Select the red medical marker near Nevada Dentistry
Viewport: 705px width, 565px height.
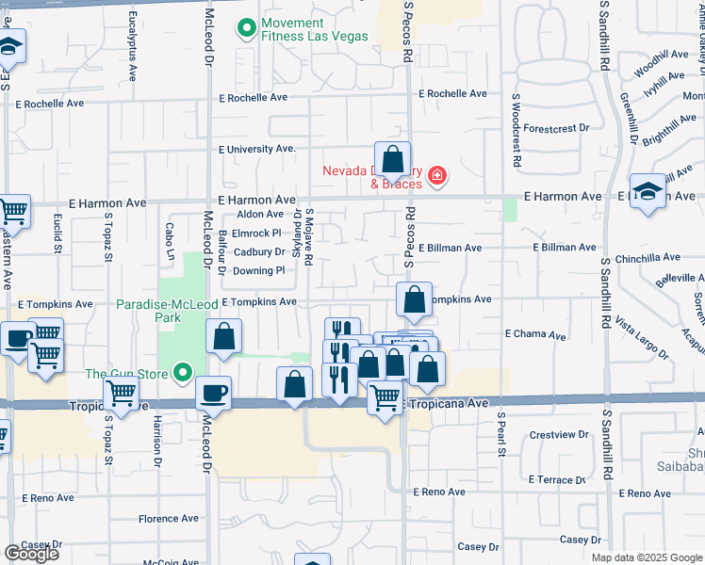(x=436, y=176)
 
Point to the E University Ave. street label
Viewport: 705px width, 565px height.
(x=257, y=149)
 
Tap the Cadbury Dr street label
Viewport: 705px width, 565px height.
(x=259, y=251)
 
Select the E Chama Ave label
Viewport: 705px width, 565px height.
(x=535, y=334)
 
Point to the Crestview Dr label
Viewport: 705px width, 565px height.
(x=559, y=435)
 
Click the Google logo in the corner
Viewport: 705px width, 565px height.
(x=31, y=554)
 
